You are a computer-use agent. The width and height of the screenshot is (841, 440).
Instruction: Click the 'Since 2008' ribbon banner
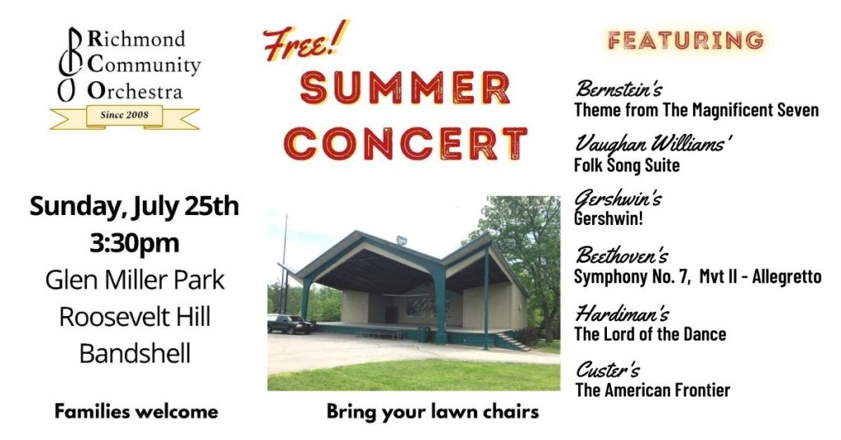125,117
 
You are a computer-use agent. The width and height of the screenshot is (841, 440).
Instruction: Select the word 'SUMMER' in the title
405,89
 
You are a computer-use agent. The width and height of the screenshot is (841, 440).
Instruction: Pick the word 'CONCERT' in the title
406,144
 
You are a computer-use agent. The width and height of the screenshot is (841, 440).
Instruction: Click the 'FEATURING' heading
686,41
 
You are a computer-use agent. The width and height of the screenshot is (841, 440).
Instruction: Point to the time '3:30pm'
135,243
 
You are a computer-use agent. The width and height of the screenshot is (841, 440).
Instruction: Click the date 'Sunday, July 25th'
134,207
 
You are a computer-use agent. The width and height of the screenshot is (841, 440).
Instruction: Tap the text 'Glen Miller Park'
135,280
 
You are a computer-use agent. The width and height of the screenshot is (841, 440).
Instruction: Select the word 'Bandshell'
135,354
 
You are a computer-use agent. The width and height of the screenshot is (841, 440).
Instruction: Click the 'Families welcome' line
136,411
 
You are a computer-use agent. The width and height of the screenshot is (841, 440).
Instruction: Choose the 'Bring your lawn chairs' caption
433,411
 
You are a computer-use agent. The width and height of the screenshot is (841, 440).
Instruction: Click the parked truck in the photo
290,323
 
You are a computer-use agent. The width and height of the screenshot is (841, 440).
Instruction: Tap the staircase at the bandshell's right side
512,341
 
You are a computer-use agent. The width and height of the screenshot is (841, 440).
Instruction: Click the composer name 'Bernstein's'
618,89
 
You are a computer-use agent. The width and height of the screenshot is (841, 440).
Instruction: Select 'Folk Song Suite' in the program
627,165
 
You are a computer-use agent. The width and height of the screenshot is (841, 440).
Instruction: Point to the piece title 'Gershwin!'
609,218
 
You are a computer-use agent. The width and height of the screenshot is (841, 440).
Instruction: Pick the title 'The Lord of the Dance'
650,334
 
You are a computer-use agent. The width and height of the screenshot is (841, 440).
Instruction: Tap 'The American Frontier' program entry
653,390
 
